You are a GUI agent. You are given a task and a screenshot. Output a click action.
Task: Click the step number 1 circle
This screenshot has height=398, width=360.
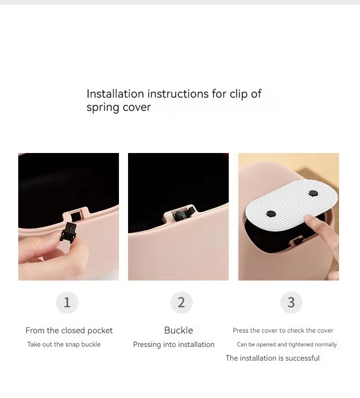click(67, 302)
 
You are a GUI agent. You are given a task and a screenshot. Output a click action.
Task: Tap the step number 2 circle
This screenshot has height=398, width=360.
click(181, 302)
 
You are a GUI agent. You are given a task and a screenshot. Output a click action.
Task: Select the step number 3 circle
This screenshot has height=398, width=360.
click(291, 302)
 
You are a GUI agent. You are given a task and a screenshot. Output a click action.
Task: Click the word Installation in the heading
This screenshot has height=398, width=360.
click(115, 94)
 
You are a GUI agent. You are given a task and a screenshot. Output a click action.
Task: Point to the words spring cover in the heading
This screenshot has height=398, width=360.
click(118, 107)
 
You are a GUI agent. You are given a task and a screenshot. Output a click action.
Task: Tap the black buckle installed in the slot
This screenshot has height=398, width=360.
click(180, 214)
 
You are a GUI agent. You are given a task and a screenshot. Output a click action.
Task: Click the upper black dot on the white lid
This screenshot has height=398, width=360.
click(313, 194)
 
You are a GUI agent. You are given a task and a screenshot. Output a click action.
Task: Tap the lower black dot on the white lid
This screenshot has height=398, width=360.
click(271, 213)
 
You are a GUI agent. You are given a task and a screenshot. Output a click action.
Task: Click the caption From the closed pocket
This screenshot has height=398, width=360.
click(69, 331)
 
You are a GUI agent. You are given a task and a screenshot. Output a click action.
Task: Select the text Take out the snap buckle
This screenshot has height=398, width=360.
click(64, 344)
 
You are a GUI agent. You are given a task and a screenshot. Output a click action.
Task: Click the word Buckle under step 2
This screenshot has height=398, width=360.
click(179, 331)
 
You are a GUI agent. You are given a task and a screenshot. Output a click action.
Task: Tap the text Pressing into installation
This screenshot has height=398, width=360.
click(174, 345)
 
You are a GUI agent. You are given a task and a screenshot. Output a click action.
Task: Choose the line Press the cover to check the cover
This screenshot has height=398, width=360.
click(283, 331)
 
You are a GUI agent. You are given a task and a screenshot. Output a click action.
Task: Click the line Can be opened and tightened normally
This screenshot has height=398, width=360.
click(287, 345)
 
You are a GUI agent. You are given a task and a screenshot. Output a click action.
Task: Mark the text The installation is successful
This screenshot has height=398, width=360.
click(273, 358)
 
